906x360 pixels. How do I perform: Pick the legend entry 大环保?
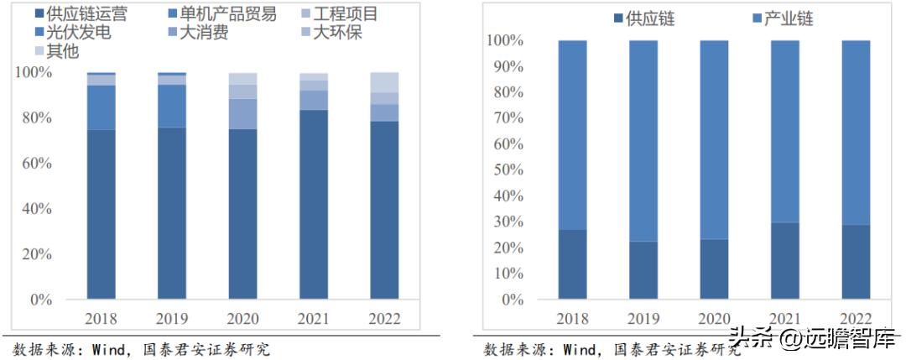[x=340, y=33]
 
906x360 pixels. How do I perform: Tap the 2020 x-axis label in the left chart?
[x=243, y=319]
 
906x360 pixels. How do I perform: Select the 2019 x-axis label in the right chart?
[x=644, y=319]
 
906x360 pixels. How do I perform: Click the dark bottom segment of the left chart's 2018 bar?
[x=102, y=214]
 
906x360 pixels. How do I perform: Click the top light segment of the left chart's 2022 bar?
[x=385, y=82]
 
